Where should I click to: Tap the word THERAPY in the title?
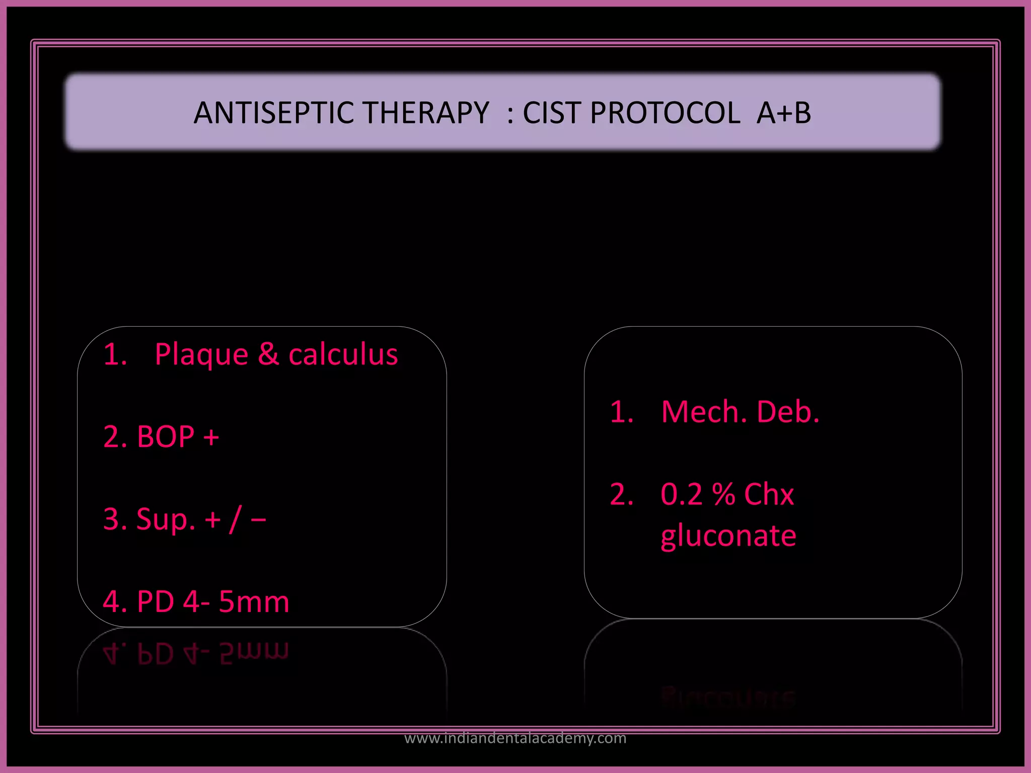[426, 113]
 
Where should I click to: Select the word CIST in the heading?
[552, 113]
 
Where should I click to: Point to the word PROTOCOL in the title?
[665, 113]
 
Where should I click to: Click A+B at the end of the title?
[784, 113]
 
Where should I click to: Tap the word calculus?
[343, 354]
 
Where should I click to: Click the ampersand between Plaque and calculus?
[268, 354]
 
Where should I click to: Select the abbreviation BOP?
[166, 436]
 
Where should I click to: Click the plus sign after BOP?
[211, 437]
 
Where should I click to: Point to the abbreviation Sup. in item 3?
[166, 519]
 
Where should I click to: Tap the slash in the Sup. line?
[235, 519]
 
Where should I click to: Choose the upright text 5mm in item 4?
[254, 602]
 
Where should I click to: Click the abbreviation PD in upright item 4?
[156, 602]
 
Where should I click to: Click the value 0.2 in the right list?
[681, 494]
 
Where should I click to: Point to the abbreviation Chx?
[769, 494]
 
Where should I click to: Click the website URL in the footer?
[515, 738]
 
